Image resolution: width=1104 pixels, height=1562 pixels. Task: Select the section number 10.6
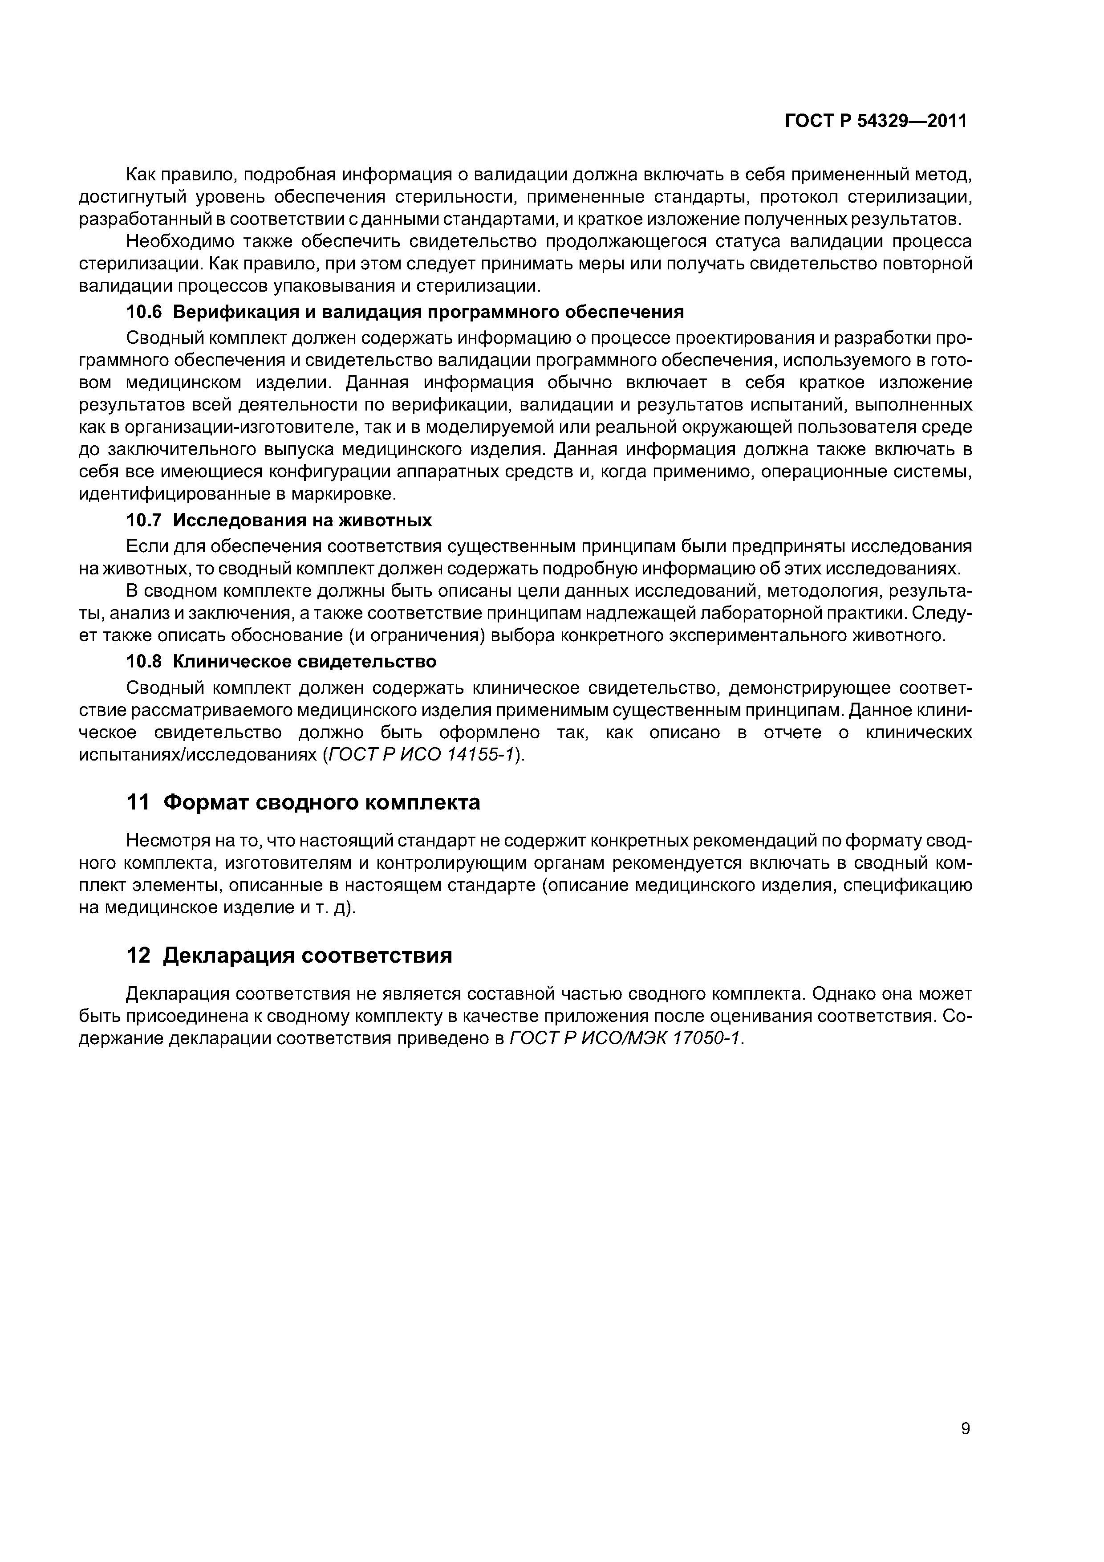pyautogui.click(x=145, y=312)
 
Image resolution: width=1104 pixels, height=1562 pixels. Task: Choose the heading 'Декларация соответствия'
pyautogui.click(x=308, y=956)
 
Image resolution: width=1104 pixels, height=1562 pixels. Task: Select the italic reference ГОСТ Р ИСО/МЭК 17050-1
pyautogui.click(x=626, y=1039)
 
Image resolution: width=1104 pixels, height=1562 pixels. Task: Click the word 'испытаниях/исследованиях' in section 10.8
pyautogui.click(x=197, y=755)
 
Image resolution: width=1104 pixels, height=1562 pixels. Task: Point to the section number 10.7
pyautogui.click(x=145, y=521)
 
